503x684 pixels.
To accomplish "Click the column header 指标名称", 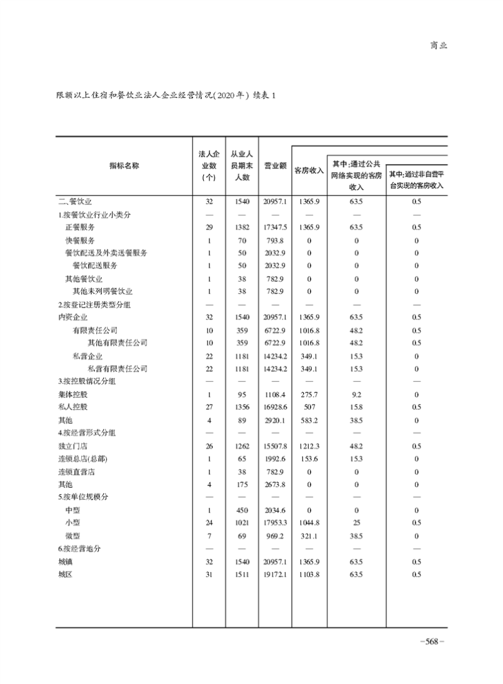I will tap(124, 166).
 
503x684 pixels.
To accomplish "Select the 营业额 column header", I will tap(275, 167).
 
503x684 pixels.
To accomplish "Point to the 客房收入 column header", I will tap(309, 170).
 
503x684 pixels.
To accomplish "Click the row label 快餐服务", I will tap(80, 240).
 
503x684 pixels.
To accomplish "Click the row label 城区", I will tap(65, 574).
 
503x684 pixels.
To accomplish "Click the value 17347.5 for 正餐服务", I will tap(275, 227).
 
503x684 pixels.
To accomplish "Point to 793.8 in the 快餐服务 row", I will tap(275, 240).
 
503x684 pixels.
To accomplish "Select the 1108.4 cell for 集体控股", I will tap(275, 394).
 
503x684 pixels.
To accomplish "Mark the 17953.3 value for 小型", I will tap(275, 522).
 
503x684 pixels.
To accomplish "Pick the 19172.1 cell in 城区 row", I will tap(275, 574).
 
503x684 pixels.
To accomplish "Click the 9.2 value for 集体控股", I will tap(356, 394).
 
